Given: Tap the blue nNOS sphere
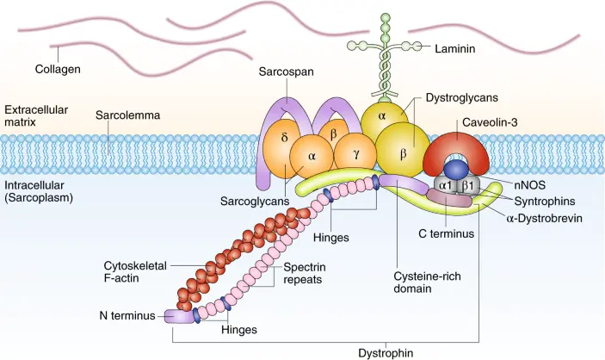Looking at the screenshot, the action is coord(456,170).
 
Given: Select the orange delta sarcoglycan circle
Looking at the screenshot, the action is coord(283,149).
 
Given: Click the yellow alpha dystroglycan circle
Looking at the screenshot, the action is coord(381,117).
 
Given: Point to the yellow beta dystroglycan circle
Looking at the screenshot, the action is coord(403,151).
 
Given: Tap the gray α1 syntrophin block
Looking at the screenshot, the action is coord(446,186).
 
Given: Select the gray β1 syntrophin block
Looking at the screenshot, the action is coord(467,186).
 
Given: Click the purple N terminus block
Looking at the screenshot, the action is coord(179,316).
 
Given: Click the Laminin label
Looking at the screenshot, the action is coord(455,49).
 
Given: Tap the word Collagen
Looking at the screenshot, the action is coord(58,69).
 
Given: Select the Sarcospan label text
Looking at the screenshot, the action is coord(286,71).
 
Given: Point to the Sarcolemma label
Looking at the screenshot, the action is coord(127,115).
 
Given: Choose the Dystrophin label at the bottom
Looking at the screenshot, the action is coord(386,353).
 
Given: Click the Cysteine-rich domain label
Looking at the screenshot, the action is coord(427,282).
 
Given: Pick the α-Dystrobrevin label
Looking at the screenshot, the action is coord(544,219).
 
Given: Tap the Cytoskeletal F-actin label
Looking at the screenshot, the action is coord(135,272).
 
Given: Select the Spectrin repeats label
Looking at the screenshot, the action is coord(305,273).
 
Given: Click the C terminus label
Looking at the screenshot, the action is coord(446,233).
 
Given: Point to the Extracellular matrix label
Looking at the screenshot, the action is coord(36,116).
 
